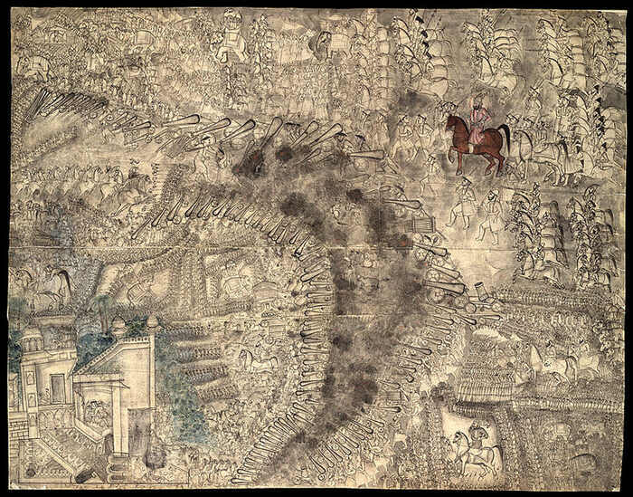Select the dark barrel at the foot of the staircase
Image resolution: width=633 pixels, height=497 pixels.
click(x=83, y=473)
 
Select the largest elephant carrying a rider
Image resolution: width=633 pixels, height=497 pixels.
click(x=231, y=40)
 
